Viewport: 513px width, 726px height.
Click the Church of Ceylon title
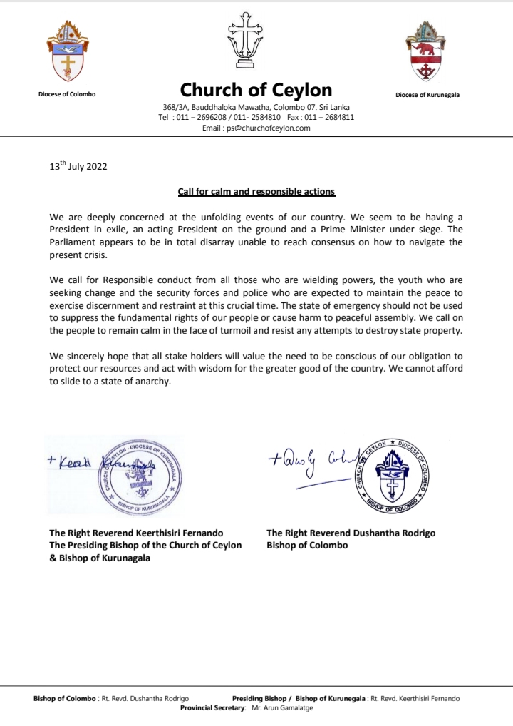pyautogui.click(x=256, y=90)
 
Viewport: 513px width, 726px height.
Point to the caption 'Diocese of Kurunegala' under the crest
pyautogui.click(x=427, y=95)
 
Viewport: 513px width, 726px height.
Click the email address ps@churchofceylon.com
pyautogui.click(x=256, y=128)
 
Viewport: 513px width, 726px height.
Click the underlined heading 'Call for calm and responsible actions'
pyautogui.click(x=256, y=192)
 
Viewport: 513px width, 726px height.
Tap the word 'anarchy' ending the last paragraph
pyautogui.click(x=153, y=382)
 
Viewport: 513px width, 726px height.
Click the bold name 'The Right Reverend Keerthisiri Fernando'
pyautogui.click(x=136, y=533)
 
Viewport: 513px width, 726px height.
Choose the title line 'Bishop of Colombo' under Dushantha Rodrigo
pyautogui.click(x=307, y=546)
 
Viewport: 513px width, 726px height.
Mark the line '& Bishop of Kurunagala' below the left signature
pyautogui.click(x=100, y=558)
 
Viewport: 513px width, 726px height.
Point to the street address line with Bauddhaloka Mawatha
pyautogui.click(x=256, y=106)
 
